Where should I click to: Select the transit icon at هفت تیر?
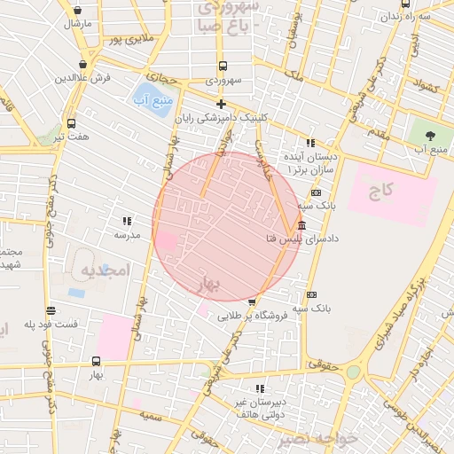click(71, 123)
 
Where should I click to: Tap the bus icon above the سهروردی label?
click(222, 66)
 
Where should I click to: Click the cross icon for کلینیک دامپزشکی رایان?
click(221, 105)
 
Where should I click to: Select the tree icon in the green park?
click(431, 135)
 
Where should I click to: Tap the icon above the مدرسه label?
click(127, 221)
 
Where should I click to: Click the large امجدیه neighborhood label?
click(105, 268)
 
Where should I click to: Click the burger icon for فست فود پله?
click(51, 310)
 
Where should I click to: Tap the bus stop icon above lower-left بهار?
click(96, 361)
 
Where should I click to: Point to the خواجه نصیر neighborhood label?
click(316, 438)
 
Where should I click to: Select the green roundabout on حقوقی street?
click(353, 372)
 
